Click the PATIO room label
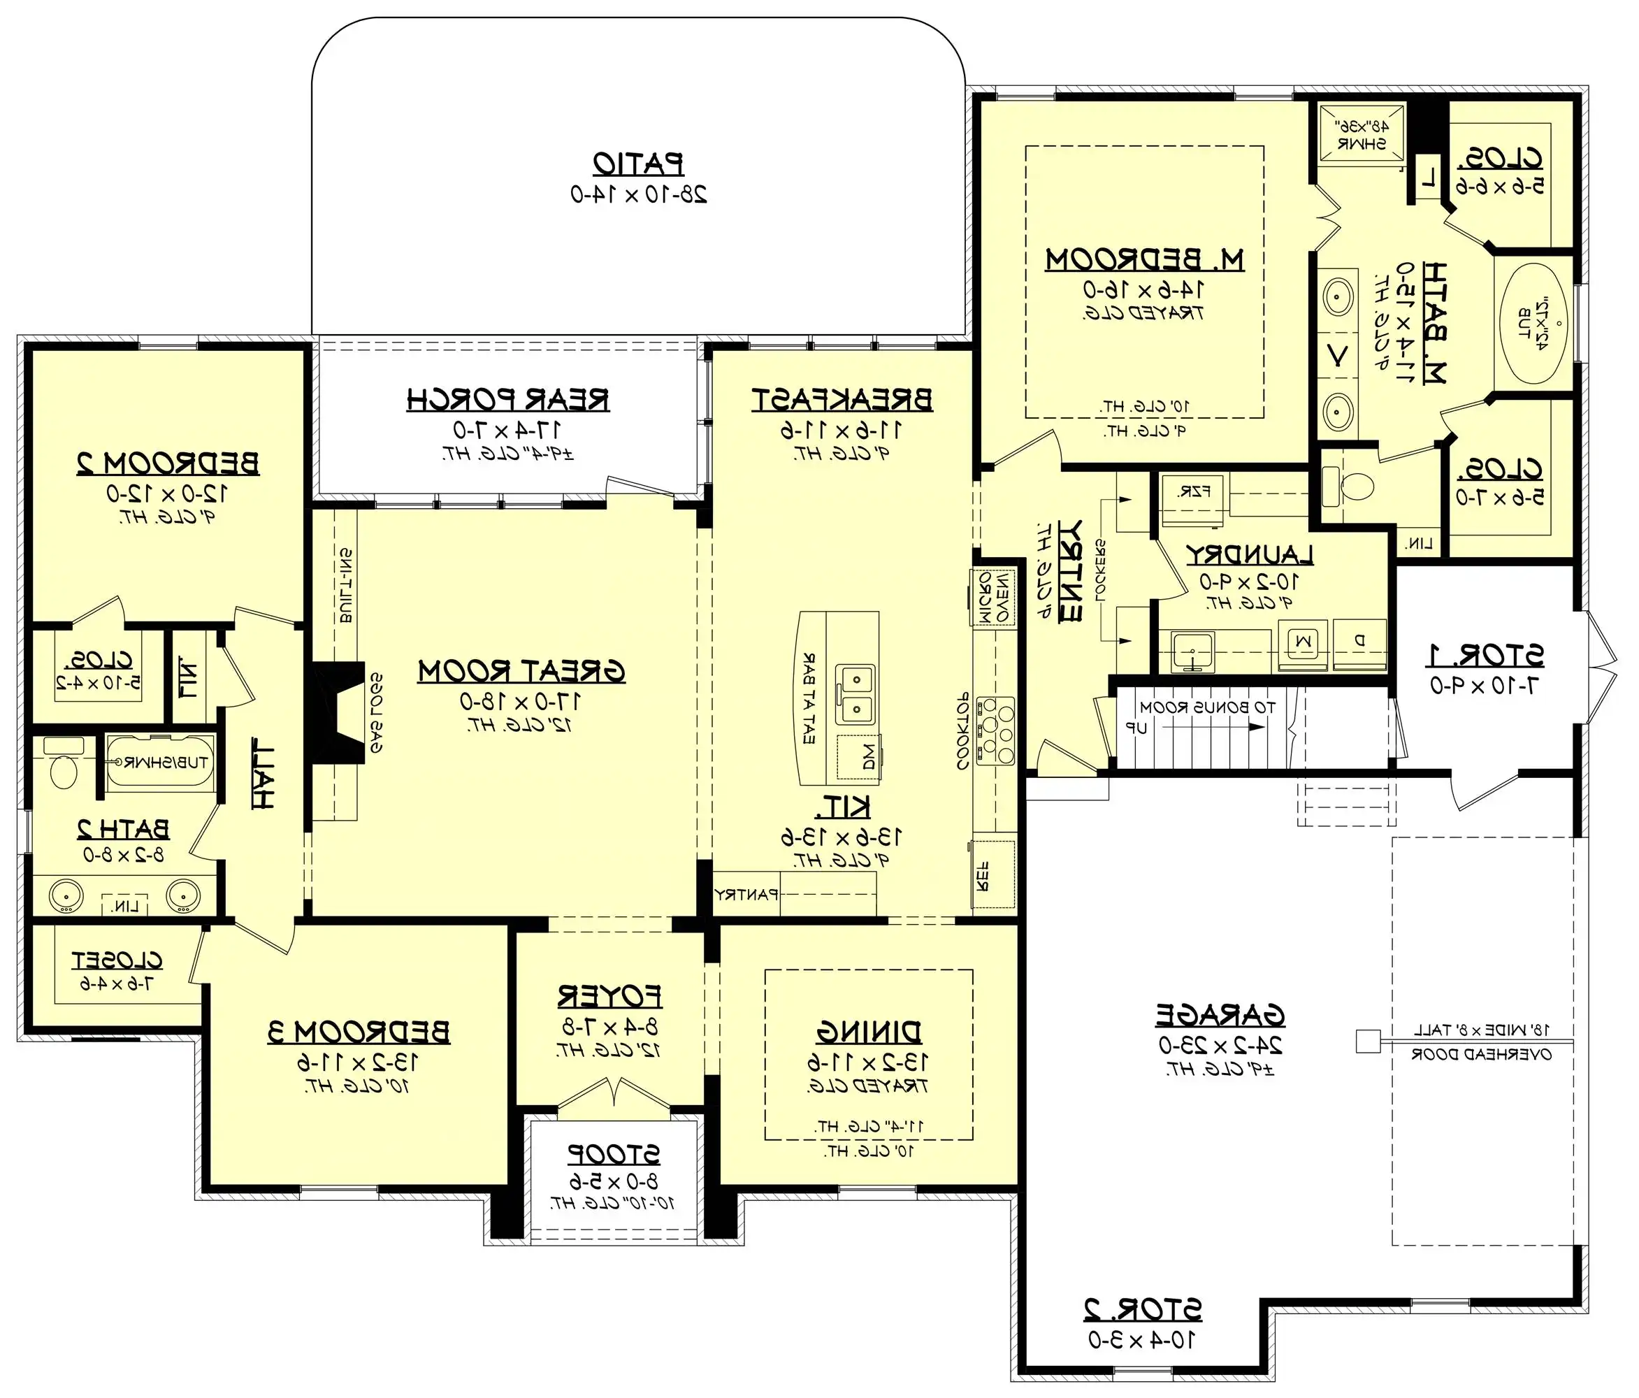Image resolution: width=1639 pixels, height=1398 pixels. (638, 164)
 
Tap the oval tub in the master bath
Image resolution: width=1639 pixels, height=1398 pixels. (1533, 324)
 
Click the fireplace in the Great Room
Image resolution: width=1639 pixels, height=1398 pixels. (335, 713)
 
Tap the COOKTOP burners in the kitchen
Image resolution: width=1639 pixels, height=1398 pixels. (995, 730)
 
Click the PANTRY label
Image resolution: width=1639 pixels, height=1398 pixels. (746, 895)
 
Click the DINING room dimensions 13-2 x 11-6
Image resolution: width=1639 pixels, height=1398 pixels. (868, 1062)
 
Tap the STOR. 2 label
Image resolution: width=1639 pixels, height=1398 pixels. (1141, 1310)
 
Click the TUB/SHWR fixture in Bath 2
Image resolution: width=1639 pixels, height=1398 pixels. (161, 762)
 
